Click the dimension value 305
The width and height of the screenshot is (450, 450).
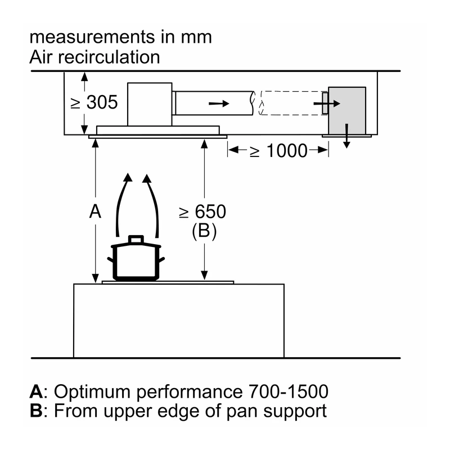point(102,102)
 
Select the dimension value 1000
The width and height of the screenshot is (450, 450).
point(287,151)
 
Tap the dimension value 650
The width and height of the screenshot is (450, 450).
point(210,212)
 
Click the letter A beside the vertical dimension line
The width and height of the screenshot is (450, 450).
point(95,212)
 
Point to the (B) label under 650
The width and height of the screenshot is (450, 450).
point(204,231)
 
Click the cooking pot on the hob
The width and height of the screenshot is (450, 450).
point(136,258)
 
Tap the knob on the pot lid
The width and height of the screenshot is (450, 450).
point(136,239)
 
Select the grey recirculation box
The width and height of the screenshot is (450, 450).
point(347,110)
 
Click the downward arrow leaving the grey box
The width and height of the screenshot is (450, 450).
point(346,136)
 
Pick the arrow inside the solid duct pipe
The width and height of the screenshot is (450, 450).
point(219,103)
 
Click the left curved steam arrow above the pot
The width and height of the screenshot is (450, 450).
point(123,204)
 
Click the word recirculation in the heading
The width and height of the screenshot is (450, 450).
point(109,57)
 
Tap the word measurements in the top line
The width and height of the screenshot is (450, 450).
point(92,38)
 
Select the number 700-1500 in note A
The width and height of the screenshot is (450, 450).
point(288,391)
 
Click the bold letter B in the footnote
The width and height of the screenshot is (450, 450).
point(36,411)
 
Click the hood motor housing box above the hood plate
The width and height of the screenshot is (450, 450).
point(150,104)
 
